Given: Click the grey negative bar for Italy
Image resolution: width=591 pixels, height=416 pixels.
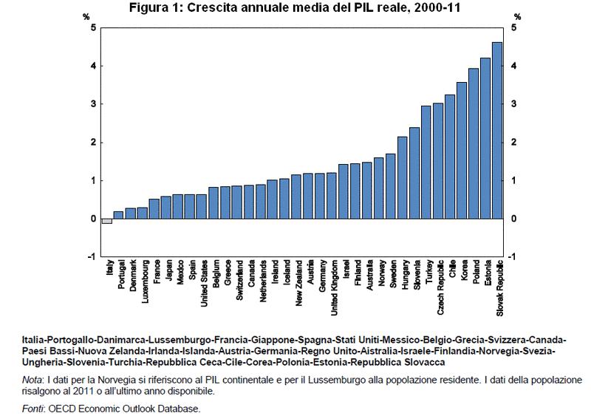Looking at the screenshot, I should (x=107, y=221).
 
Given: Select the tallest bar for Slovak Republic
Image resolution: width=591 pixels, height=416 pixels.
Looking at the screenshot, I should (x=497, y=130).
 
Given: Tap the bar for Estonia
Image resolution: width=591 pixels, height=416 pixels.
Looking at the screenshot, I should (x=485, y=138).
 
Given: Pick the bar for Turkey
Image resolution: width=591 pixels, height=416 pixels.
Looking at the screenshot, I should (x=426, y=162).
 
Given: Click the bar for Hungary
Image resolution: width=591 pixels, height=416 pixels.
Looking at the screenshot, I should (x=402, y=177).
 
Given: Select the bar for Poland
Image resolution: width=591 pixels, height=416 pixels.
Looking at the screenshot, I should (x=474, y=143).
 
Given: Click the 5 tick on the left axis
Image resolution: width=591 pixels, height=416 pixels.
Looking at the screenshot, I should (x=93, y=28).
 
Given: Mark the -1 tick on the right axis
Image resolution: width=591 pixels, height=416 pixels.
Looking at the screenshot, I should (x=514, y=256).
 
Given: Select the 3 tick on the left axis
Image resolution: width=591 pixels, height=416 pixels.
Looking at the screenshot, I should (x=93, y=104).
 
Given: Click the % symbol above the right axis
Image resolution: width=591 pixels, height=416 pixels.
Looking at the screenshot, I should (x=516, y=16).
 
